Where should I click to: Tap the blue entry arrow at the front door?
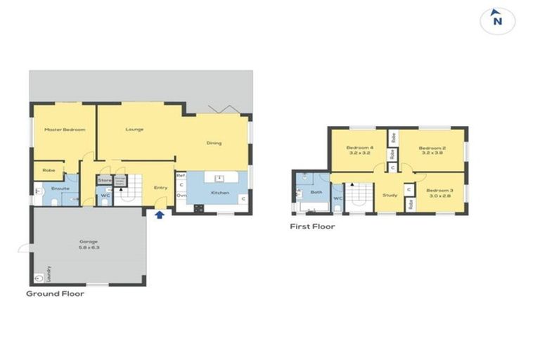[x=160, y=215]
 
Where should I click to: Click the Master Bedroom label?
[x=65, y=129]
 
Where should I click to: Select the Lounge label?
[x=135, y=129]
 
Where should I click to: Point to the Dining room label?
[x=214, y=143]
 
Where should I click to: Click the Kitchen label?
[x=220, y=192]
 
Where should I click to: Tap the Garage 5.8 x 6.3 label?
[x=89, y=245]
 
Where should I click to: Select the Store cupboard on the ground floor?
[x=105, y=181]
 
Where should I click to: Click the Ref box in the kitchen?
[x=181, y=175]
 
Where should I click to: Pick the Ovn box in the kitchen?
[x=181, y=195]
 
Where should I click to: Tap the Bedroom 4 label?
[x=359, y=150]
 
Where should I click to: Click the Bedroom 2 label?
[x=432, y=150]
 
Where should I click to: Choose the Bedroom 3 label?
[x=439, y=193]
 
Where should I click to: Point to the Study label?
[x=390, y=195]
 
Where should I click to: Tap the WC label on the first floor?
[x=337, y=199]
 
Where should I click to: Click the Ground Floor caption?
[x=55, y=293]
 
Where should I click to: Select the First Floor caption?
[x=312, y=226]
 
